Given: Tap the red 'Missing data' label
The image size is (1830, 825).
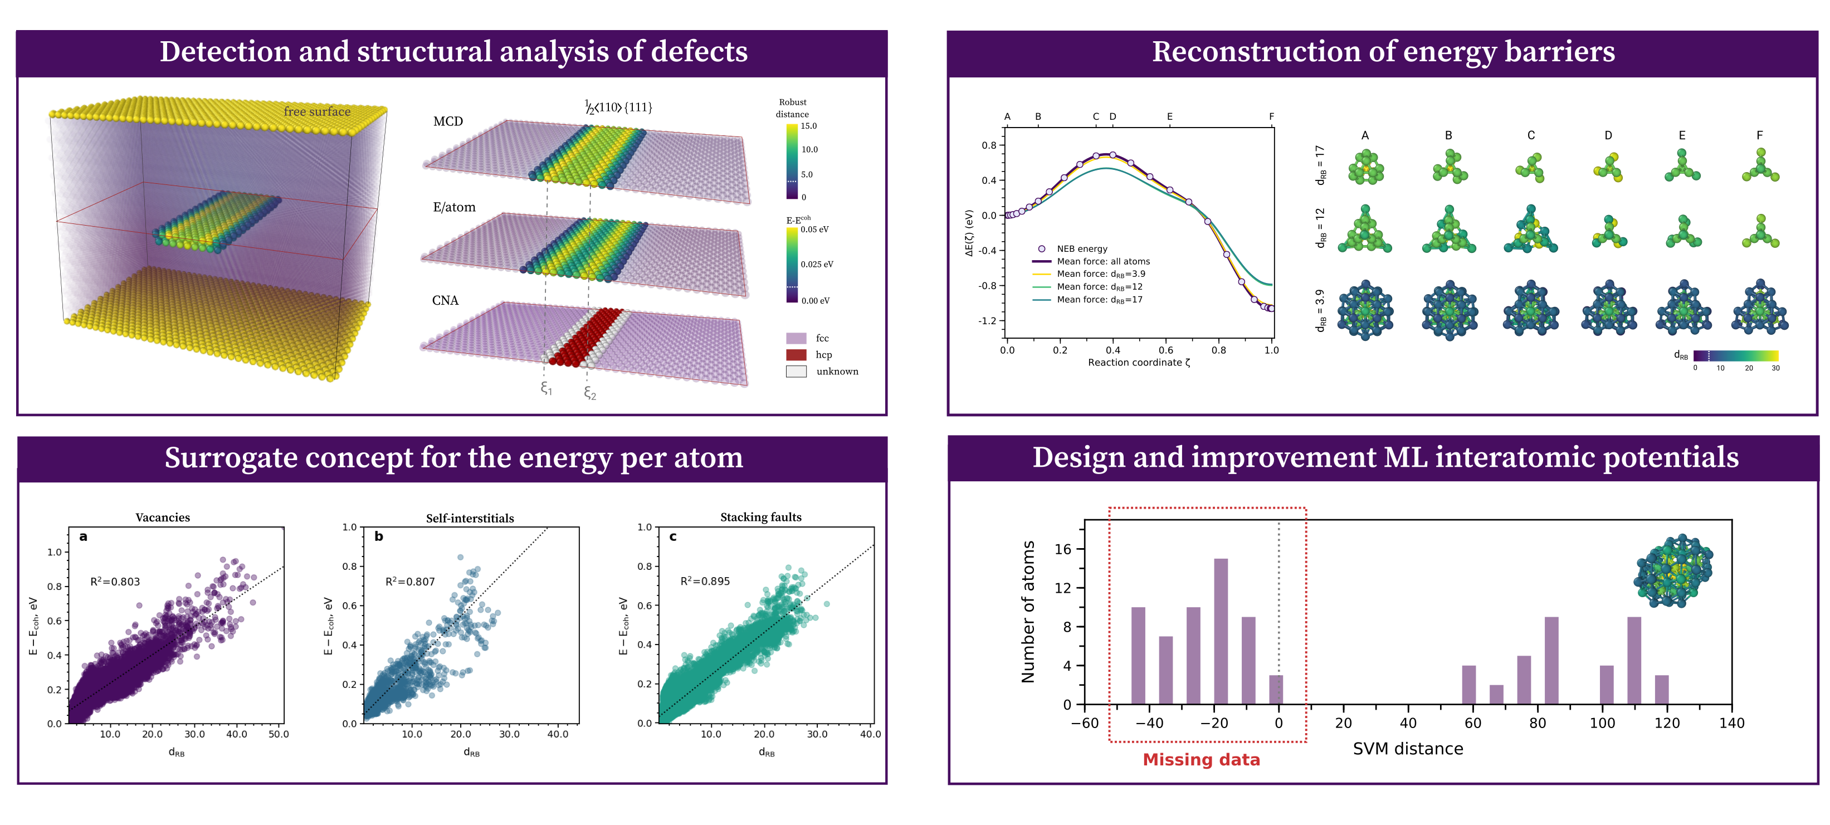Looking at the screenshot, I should pyautogui.click(x=1201, y=760).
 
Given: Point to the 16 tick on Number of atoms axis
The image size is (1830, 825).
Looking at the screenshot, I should pyautogui.click(x=1063, y=549).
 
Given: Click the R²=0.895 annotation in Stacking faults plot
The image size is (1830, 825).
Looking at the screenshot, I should pyautogui.click(x=705, y=581).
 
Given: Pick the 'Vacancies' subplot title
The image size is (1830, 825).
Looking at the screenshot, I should pyautogui.click(x=163, y=518).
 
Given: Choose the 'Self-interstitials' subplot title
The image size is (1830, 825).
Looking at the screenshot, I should pyautogui.click(x=470, y=518).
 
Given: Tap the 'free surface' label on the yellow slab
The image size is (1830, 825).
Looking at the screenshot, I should pyautogui.click(x=317, y=111).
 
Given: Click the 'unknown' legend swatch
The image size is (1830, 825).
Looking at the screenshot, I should pyautogui.click(x=796, y=371).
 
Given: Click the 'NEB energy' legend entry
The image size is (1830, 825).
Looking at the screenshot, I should pyautogui.click(x=1081, y=248).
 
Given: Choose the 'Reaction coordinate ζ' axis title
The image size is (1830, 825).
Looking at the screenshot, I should pyautogui.click(x=1138, y=363).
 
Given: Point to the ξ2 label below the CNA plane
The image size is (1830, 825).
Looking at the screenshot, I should pyautogui.click(x=589, y=393).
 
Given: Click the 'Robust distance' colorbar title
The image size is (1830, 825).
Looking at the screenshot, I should pyautogui.click(x=792, y=108).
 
